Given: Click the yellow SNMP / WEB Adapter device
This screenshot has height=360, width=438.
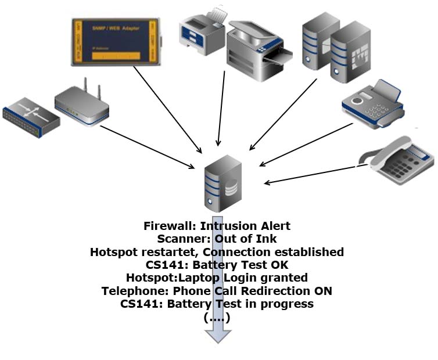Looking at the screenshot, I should click(x=115, y=41).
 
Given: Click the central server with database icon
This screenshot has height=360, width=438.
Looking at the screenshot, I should click(x=222, y=183).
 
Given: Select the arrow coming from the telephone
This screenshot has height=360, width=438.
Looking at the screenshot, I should click(x=311, y=175).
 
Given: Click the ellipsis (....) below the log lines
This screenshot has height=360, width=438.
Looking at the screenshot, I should click(x=218, y=318).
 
